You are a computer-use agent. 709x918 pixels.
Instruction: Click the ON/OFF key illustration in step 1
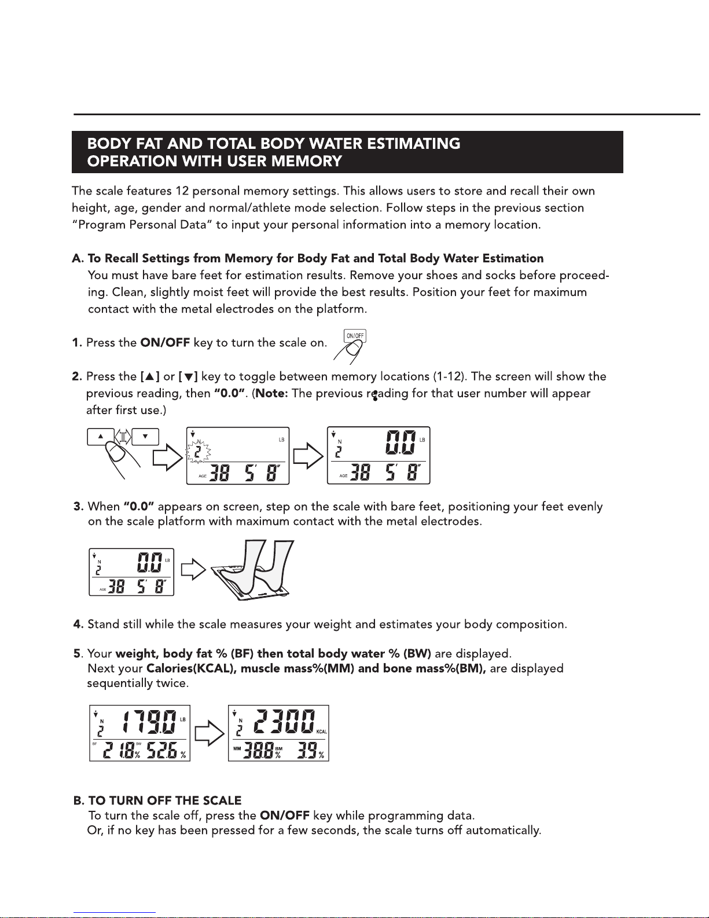(x=355, y=336)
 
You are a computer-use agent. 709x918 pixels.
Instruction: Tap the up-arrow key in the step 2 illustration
(x=101, y=436)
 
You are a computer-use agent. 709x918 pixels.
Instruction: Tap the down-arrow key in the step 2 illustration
(x=145, y=436)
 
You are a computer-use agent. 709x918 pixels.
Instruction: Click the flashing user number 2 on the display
(x=197, y=452)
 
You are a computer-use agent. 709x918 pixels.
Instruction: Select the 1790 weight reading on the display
(x=149, y=722)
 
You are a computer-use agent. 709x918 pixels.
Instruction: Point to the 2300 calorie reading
(x=284, y=722)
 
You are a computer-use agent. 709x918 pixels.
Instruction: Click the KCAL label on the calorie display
(x=322, y=732)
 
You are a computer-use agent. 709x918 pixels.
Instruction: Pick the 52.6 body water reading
(x=161, y=751)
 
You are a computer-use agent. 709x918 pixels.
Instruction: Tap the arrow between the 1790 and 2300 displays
(x=210, y=733)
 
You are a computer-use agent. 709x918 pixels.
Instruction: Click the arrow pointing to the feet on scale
(x=193, y=570)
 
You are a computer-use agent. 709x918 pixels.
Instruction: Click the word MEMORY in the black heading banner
(x=306, y=162)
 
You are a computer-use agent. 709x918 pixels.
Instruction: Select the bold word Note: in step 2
(x=272, y=393)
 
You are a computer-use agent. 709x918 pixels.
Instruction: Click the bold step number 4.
(x=78, y=624)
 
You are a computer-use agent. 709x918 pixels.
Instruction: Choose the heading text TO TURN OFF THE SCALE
(x=164, y=800)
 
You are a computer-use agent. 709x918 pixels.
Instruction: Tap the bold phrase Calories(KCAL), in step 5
(x=192, y=669)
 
